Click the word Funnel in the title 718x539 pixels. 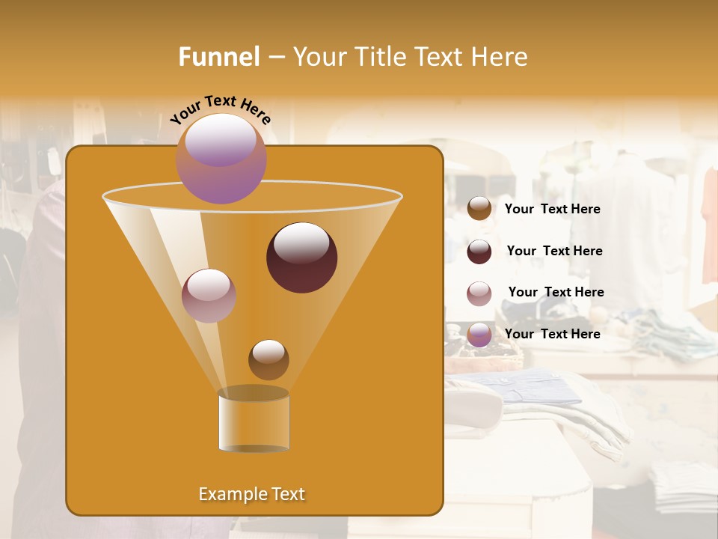click(x=218, y=57)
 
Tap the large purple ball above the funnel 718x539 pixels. click(x=221, y=159)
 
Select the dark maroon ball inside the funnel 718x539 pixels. click(x=302, y=258)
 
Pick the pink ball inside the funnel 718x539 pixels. click(x=209, y=296)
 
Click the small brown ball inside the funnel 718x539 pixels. click(x=269, y=359)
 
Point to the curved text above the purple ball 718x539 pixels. click(x=221, y=109)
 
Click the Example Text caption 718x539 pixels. click(x=251, y=494)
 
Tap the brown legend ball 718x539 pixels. click(x=479, y=209)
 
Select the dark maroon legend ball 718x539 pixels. click(x=479, y=252)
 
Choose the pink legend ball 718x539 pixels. click(x=479, y=293)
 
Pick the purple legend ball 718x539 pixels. click(x=479, y=335)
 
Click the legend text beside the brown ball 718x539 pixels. click(x=552, y=209)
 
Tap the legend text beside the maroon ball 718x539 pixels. click(x=554, y=251)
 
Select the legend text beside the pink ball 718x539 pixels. click(x=556, y=292)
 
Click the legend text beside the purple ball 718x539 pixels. click(x=552, y=334)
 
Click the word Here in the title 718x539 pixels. click(x=500, y=57)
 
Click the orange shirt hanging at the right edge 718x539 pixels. click(x=710, y=225)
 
